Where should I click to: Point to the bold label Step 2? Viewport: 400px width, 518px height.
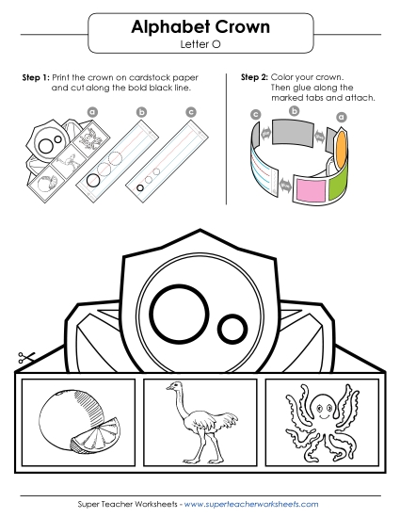(x=254, y=76)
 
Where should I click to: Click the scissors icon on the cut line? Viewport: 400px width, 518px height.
(x=25, y=360)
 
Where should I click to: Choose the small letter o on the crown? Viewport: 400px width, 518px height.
(x=232, y=329)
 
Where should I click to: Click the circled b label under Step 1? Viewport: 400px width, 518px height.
(x=142, y=112)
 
